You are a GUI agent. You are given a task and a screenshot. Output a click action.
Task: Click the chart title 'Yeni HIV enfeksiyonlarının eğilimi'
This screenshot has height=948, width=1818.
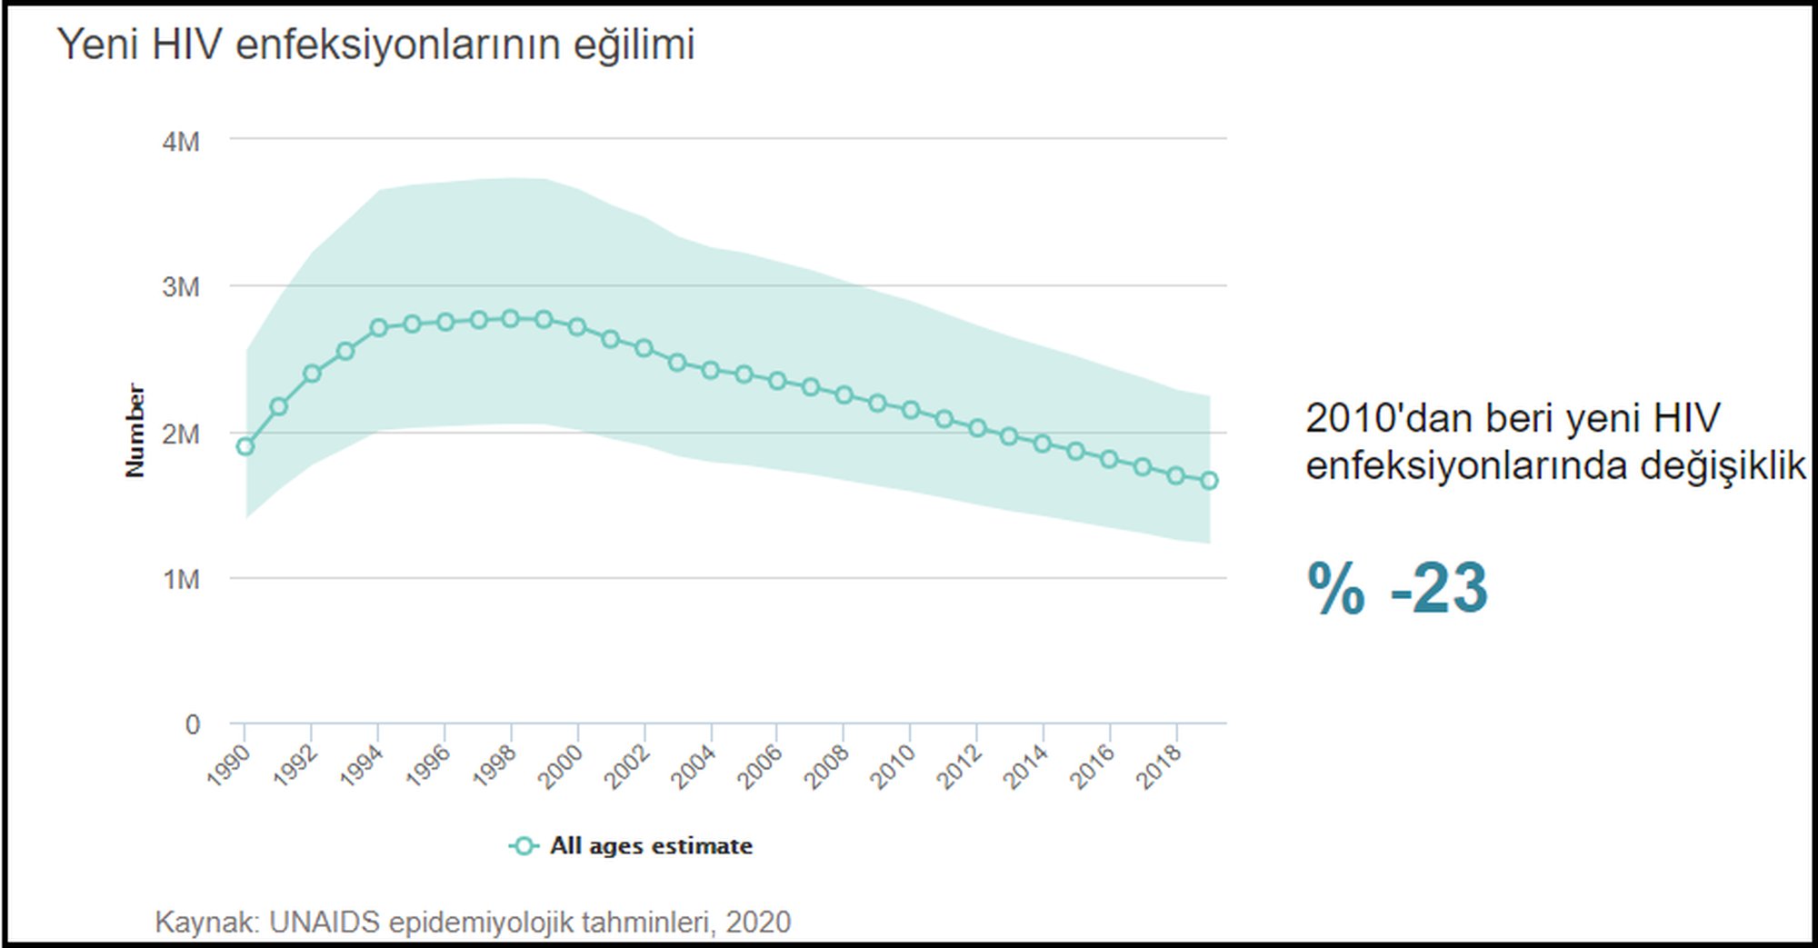pos(375,45)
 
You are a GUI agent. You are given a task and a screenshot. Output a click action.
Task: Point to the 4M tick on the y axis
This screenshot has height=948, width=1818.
pos(181,142)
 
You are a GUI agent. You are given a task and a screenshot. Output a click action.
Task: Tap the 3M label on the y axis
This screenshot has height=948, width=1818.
pos(181,287)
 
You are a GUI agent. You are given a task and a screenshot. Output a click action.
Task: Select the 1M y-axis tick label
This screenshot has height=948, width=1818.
pos(181,579)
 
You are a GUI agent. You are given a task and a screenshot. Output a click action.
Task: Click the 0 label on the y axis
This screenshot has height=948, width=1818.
pos(193,724)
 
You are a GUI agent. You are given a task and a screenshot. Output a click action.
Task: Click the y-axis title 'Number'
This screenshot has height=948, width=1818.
pos(135,430)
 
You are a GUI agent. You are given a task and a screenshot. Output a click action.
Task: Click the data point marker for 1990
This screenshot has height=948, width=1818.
pos(245,446)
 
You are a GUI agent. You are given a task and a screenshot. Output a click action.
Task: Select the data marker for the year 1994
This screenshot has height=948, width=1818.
pos(379,327)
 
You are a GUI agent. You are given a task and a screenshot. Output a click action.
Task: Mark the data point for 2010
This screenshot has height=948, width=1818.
pos(911,410)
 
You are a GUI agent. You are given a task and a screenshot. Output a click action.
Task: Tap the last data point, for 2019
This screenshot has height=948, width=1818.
pos(1209,481)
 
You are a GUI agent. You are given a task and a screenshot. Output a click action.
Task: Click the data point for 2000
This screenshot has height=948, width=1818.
pos(577,326)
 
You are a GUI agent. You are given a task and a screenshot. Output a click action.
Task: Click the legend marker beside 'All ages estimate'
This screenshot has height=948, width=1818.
pos(523,846)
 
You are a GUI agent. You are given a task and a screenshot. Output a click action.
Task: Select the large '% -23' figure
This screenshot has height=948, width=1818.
pos(1397,588)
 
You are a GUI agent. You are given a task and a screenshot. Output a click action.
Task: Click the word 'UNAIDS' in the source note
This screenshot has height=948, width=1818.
pos(325,923)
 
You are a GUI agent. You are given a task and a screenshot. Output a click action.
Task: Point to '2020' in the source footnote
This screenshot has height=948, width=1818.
pos(758,923)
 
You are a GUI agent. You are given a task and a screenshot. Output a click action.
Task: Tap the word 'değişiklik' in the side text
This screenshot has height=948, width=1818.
pos(1723,466)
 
